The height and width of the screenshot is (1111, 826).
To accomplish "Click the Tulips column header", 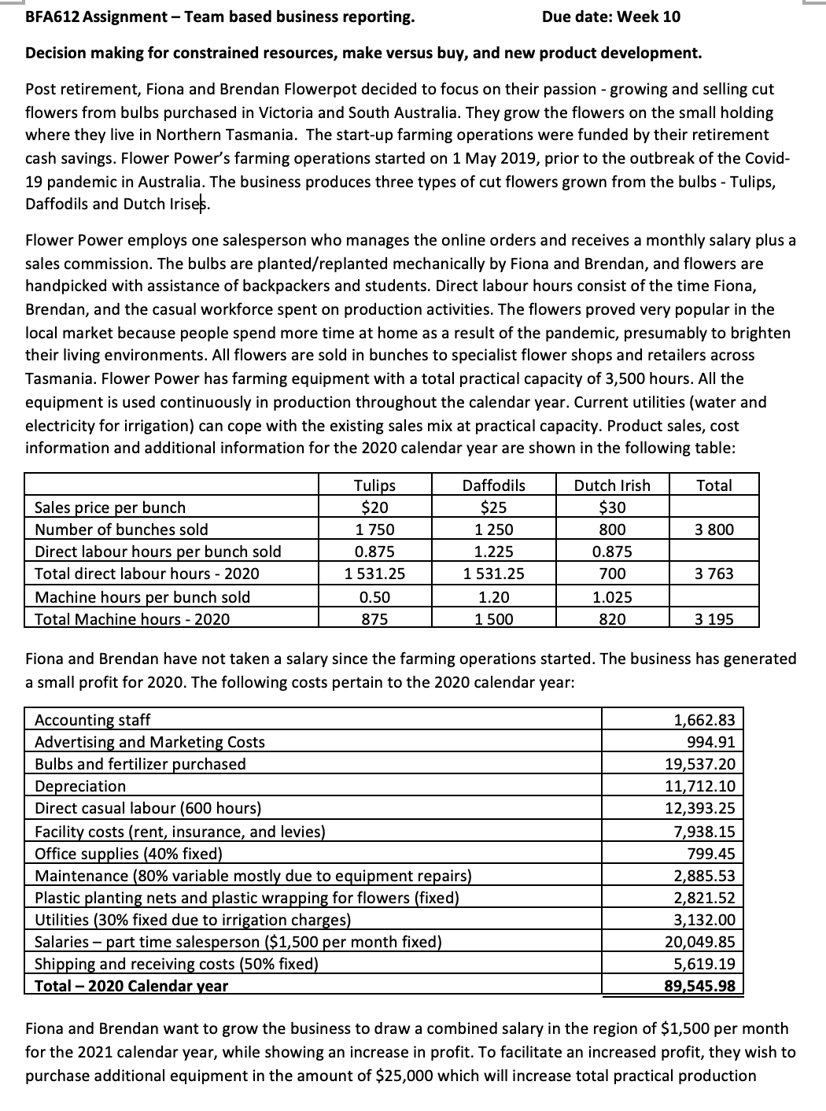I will (374, 485).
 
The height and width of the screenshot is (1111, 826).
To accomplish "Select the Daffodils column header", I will (493, 485).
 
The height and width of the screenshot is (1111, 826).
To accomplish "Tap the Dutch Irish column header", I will (612, 485).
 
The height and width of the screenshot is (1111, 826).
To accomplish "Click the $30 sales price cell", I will (612, 508).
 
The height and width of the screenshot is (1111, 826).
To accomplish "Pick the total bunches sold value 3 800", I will (714, 530).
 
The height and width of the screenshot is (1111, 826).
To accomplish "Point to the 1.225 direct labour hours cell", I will (493, 552).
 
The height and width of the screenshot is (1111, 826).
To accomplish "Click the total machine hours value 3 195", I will (714, 619).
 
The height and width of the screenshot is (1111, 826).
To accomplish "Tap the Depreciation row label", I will (80, 786).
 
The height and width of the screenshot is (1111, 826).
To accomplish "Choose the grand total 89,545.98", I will (705, 986).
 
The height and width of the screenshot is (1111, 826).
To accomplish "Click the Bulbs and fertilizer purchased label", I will (140, 764).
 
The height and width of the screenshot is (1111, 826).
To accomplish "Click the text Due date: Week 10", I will (611, 17).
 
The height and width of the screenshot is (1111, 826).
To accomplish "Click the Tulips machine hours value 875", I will (374, 619).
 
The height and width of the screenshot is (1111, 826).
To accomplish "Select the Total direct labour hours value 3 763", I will (714, 574).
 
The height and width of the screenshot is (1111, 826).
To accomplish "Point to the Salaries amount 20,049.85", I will (705, 942).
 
